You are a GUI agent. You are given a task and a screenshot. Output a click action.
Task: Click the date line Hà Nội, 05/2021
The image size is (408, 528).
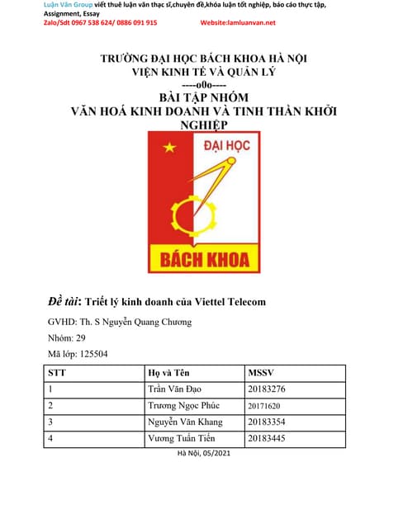click(204, 453)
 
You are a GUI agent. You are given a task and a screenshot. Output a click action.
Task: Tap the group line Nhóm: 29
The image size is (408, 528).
click(65, 337)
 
